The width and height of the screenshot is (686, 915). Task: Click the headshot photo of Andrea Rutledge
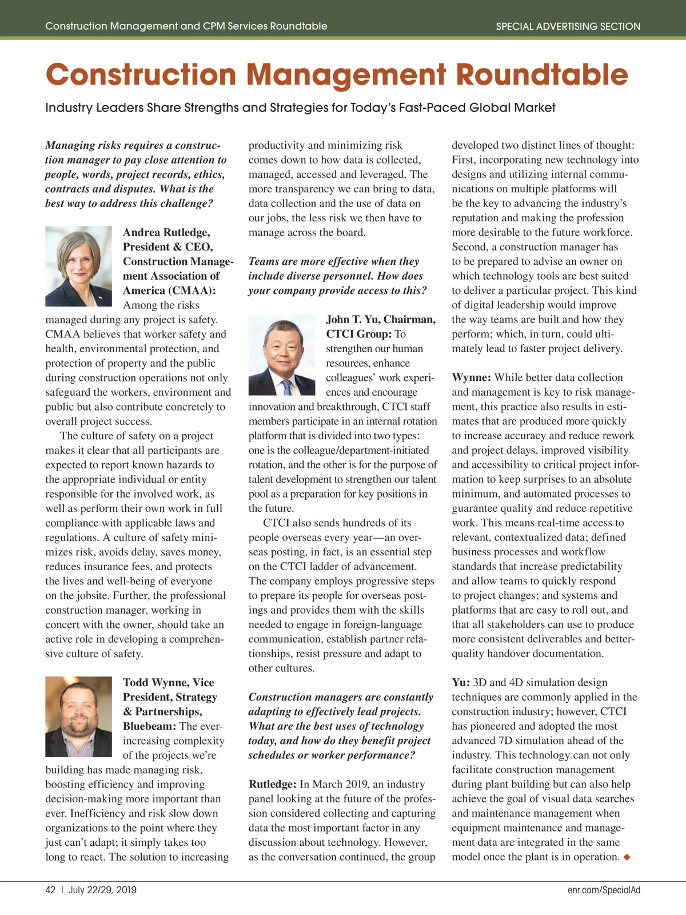tap(78, 266)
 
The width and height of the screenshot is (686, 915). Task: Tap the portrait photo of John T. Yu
tap(282, 356)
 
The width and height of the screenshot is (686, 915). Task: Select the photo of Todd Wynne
tap(78, 717)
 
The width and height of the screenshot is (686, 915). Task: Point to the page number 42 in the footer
tap(50, 890)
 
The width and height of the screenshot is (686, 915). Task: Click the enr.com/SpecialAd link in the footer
tap(604, 890)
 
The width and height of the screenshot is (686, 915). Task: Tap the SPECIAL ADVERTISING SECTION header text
tap(568, 26)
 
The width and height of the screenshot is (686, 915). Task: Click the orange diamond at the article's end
tap(627, 857)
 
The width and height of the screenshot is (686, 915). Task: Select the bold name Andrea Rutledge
tap(166, 232)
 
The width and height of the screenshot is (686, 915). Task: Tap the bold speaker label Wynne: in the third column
tap(471, 377)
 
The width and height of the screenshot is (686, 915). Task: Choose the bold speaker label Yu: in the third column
tap(461, 682)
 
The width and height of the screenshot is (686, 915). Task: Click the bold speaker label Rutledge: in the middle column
tap(272, 784)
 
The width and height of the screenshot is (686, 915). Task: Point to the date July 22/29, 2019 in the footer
tap(102, 890)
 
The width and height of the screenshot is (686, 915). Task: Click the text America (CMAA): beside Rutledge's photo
tap(169, 291)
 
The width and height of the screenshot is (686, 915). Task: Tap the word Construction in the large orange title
tap(141, 75)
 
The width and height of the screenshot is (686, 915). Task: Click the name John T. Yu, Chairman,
tap(381, 320)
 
